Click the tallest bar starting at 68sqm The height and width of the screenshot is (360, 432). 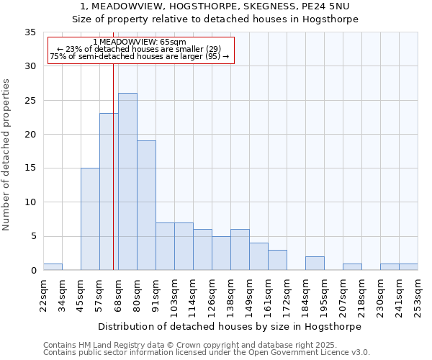tap(127, 181)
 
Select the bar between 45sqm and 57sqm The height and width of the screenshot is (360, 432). tap(90, 219)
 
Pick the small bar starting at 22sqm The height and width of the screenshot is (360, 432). tap(53, 266)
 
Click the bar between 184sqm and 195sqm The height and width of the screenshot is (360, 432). tap(315, 264)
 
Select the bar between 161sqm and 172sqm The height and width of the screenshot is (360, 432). tap(277, 260)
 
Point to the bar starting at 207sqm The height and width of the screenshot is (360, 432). tap(352, 266)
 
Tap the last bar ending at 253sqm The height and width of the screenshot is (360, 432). tap(408, 266)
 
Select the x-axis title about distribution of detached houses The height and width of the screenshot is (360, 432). tap(230, 326)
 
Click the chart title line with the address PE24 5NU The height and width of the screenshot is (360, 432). tap(215, 6)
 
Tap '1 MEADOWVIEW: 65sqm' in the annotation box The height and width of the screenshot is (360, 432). tap(140, 42)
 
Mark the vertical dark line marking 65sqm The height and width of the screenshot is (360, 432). tap(113, 180)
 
